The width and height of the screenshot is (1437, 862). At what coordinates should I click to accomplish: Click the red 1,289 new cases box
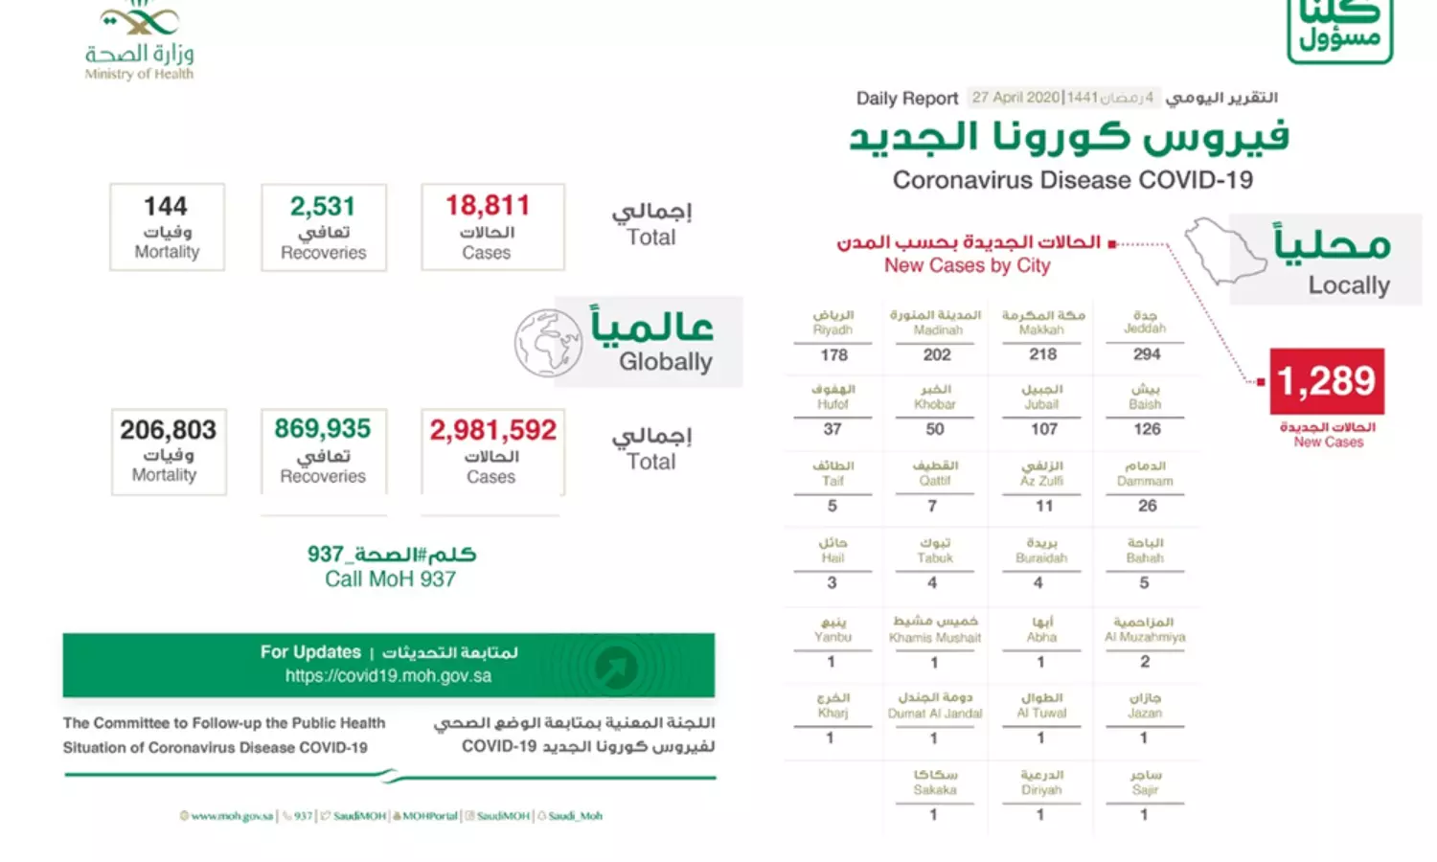point(1327,381)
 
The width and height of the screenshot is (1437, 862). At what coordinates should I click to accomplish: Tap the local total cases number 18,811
point(488,206)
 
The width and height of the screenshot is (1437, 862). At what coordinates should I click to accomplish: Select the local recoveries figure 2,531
point(323,207)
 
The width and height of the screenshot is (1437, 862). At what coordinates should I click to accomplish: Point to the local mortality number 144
point(166,207)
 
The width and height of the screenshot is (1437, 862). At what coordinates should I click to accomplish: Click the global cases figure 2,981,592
point(492,430)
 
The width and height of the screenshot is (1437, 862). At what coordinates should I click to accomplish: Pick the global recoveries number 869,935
point(323,428)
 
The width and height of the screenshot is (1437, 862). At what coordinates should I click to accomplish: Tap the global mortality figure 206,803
point(169,430)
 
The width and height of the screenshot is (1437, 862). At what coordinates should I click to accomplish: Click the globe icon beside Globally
point(548,343)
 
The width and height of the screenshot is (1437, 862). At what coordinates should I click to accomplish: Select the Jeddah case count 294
point(1147,354)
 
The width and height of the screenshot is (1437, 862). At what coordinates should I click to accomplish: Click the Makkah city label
point(1042,323)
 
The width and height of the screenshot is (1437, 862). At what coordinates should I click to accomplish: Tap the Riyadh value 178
point(833,355)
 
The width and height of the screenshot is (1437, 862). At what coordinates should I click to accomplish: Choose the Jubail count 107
point(1044,429)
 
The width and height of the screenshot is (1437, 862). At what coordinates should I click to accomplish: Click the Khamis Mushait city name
point(935,630)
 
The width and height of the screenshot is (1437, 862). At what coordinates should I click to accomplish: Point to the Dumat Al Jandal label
point(935,706)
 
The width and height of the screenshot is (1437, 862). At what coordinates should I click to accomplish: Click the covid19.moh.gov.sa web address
point(388,676)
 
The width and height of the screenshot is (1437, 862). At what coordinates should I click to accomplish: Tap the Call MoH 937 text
point(390,578)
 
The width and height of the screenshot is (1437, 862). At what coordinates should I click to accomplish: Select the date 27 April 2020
point(1015,98)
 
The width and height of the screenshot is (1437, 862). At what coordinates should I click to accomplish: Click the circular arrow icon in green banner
point(616,667)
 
